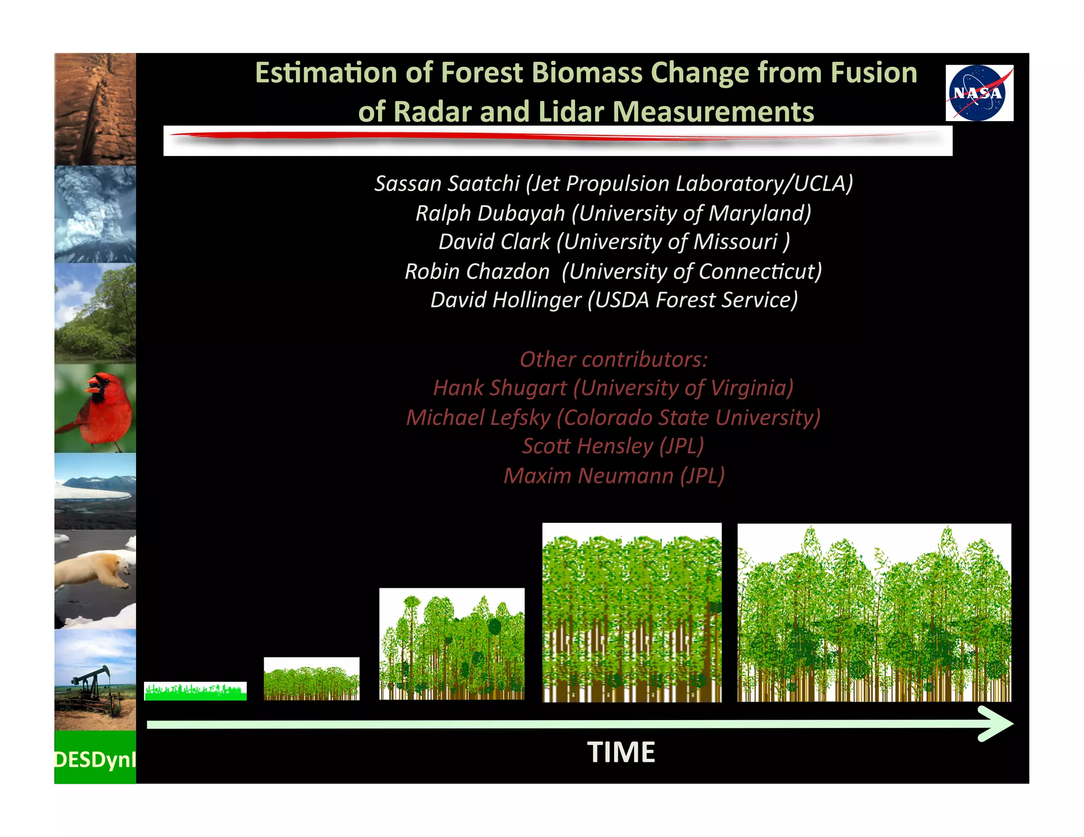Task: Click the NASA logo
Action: pyautogui.click(x=979, y=93)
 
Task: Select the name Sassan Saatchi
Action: pyautogui.click(x=447, y=184)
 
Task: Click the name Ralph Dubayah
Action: pyautogui.click(x=490, y=213)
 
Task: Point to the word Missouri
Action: pyautogui.click(x=736, y=242)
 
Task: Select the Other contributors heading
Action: pyautogui.click(x=613, y=360)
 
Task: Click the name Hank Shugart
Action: pyautogui.click(x=500, y=388)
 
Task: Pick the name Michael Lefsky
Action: pyautogui.click(x=478, y=417)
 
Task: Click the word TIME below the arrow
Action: pyautogui.click(x=621, y=752)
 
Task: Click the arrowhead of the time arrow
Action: pyautogui.click(x=998, y=724)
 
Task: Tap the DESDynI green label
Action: pyautogui.click(x=95, y=759)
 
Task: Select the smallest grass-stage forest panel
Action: pyautogui.click(x=195, y=691)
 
